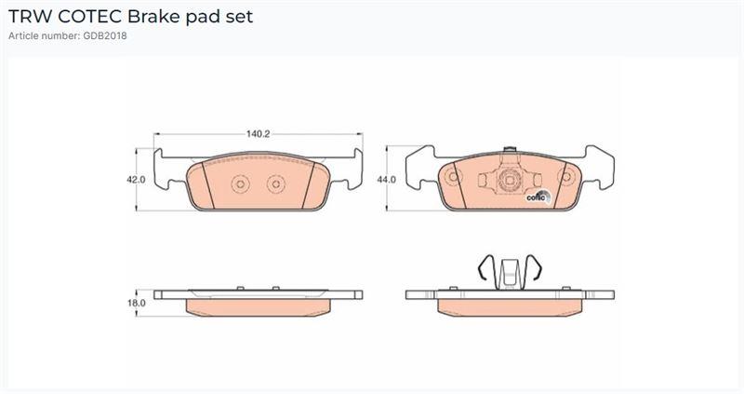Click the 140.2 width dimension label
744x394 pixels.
[258, 134]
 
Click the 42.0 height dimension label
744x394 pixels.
[136, 180]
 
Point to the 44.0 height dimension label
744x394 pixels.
[386, 180]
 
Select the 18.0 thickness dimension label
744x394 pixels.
[136, 303]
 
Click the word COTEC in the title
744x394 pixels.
[90, 17]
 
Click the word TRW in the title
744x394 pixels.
[31, 17]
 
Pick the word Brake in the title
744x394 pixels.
[154, 17]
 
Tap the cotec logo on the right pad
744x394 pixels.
[538, 196]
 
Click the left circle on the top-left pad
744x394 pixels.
[240, 183]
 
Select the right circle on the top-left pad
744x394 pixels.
[275, 183]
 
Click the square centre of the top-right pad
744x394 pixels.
[509, 180]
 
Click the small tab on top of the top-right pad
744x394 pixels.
[509, 150]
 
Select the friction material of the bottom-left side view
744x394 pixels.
[258, 307]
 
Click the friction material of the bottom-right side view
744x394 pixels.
[510, 307]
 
